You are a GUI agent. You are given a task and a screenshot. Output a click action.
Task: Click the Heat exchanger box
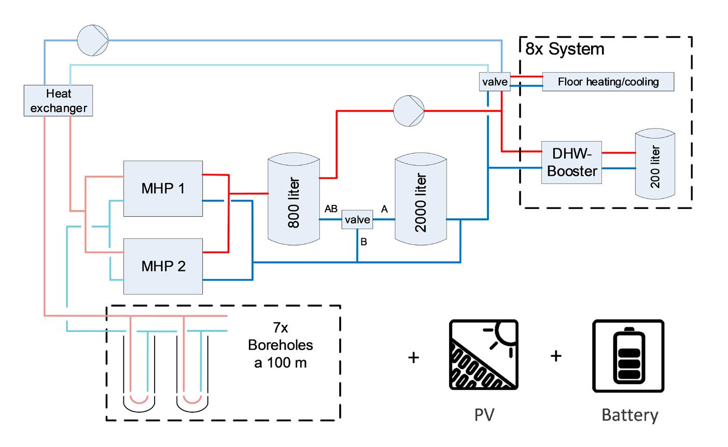coord(59,101)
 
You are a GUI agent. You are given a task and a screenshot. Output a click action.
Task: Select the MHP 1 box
coord(163,188)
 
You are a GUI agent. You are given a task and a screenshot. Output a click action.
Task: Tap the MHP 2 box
coord(163,266)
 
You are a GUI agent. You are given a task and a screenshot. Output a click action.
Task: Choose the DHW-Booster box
coord(571,162)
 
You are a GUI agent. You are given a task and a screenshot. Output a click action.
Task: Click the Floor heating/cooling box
coord(608,82)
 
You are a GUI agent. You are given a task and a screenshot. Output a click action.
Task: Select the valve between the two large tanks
coord(357,220)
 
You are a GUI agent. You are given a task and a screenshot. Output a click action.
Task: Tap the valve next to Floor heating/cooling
coord(495,82)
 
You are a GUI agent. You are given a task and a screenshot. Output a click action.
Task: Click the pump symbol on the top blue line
coord(93,38)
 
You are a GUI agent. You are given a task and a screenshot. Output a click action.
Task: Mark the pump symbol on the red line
coord(409,110)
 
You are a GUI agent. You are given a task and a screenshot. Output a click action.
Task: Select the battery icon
coord(628,355)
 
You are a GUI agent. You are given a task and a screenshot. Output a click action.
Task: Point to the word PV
coord(484,415)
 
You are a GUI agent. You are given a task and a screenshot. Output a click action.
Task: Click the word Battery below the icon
coord(629,415)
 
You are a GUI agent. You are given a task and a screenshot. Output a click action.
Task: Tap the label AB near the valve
coord(331,209)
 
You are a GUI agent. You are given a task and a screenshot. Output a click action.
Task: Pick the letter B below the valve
coord(363,242)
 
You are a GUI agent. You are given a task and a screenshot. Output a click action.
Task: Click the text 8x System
coord(565,49)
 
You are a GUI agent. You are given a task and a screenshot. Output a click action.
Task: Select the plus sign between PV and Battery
coord(556,356)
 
